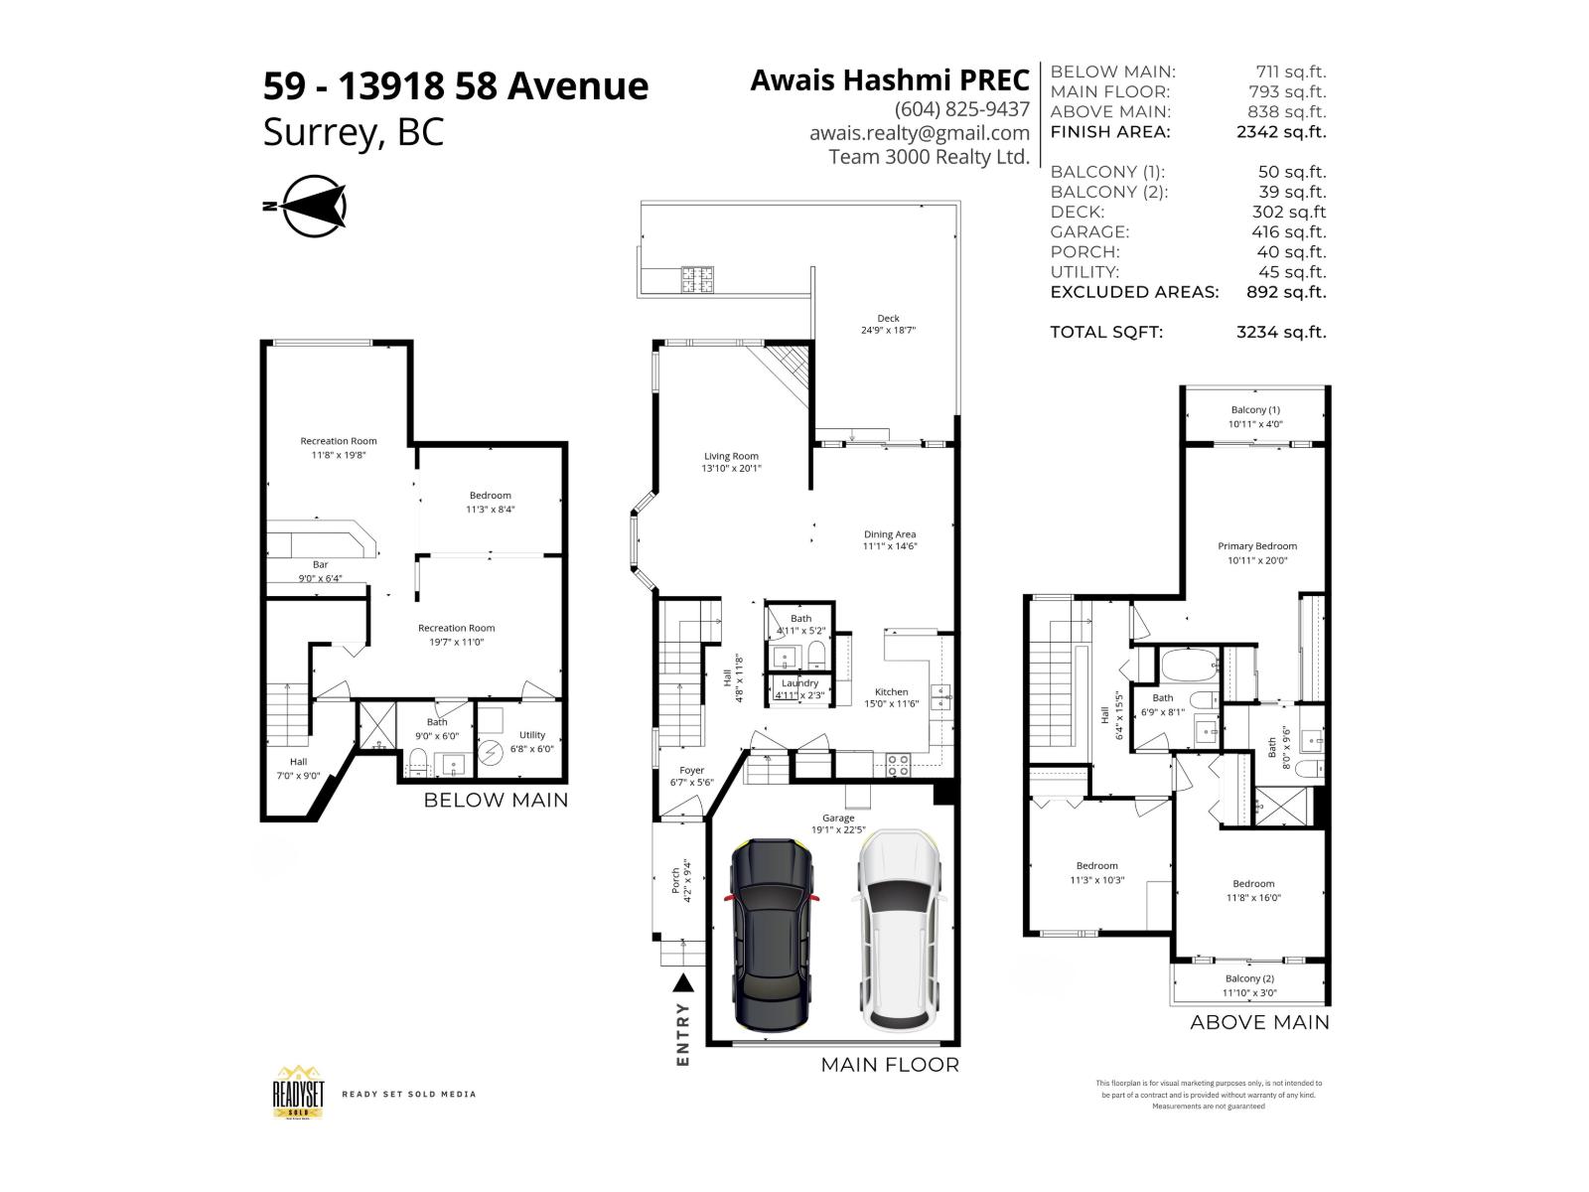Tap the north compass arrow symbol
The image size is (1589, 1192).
click(313, 207)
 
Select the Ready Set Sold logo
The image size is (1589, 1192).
click(299, 1093)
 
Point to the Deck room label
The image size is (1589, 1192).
click(888, 319)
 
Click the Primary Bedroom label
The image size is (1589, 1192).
click(1257, 546)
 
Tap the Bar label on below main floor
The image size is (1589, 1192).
click(320, 565)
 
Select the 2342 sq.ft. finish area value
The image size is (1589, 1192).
click(1280, 132)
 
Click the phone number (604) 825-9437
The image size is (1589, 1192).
click(961, 109)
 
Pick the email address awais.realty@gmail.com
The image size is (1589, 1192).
click(919, 133)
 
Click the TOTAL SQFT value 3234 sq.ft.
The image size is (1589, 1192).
click(1280, 333)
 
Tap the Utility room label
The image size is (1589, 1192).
click(532, 735)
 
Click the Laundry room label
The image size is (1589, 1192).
click(799, 683)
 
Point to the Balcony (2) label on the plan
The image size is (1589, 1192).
click(1249, 978)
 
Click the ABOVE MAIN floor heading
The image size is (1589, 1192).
click(1259, 1022)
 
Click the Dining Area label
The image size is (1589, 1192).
click(890, 534)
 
